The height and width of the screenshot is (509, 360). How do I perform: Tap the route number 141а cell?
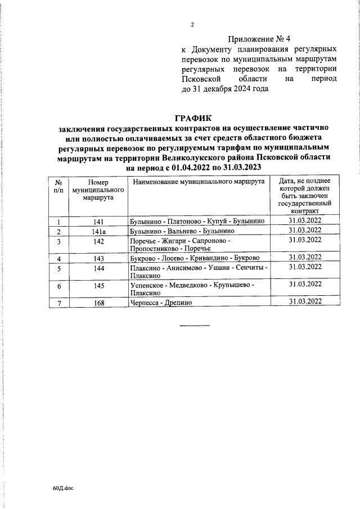(98, 231)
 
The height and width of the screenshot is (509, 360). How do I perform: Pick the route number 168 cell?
(98, 302)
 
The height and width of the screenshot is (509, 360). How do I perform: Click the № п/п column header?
(58, 187)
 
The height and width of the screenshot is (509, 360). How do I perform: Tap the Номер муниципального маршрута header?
(98, 191)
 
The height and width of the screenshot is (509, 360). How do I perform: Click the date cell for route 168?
(305, 301)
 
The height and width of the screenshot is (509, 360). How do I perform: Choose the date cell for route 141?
(305, 221)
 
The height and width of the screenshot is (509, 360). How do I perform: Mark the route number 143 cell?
(98, 258)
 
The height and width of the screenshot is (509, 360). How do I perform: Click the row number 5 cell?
(58, 269)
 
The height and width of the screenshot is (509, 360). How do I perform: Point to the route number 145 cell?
(98, 286)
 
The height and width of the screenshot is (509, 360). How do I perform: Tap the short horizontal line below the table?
(194, 325)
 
